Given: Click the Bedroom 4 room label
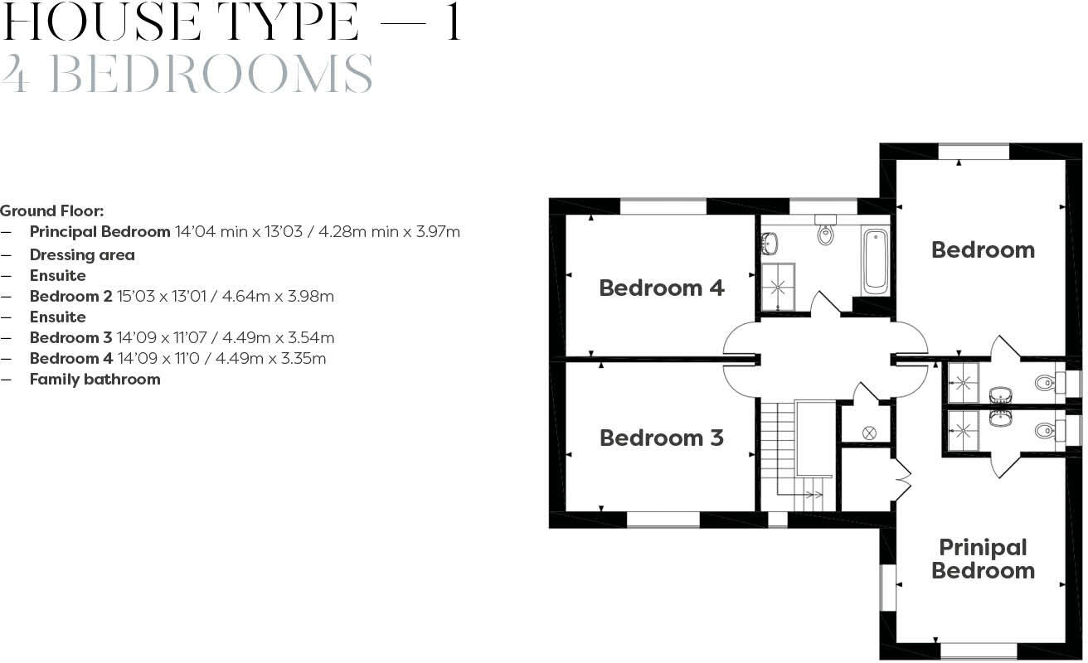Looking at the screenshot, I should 661,288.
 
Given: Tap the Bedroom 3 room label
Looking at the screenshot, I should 661,438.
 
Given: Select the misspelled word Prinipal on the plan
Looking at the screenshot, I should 983,548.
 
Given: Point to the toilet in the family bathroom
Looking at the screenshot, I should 826,235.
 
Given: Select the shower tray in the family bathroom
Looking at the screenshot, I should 779,287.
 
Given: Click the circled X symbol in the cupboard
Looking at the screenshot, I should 869,433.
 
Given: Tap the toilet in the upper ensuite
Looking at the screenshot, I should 1045,383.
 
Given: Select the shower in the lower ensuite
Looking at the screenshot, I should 963,429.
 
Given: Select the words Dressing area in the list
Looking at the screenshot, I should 82,255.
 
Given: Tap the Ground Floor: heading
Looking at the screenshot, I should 51,211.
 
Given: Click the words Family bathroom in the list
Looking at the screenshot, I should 95,380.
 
